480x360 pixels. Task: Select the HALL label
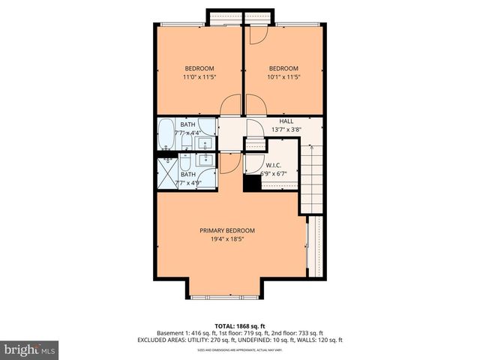[286, 121]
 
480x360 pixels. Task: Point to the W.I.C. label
[272, 164]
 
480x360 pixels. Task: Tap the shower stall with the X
[166, 174]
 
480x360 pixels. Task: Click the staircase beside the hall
[311, 176]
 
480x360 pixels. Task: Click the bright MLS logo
[30, 349]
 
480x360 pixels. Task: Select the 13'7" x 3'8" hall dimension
[286, 130]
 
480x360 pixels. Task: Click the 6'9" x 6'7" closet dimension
[274, 174]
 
